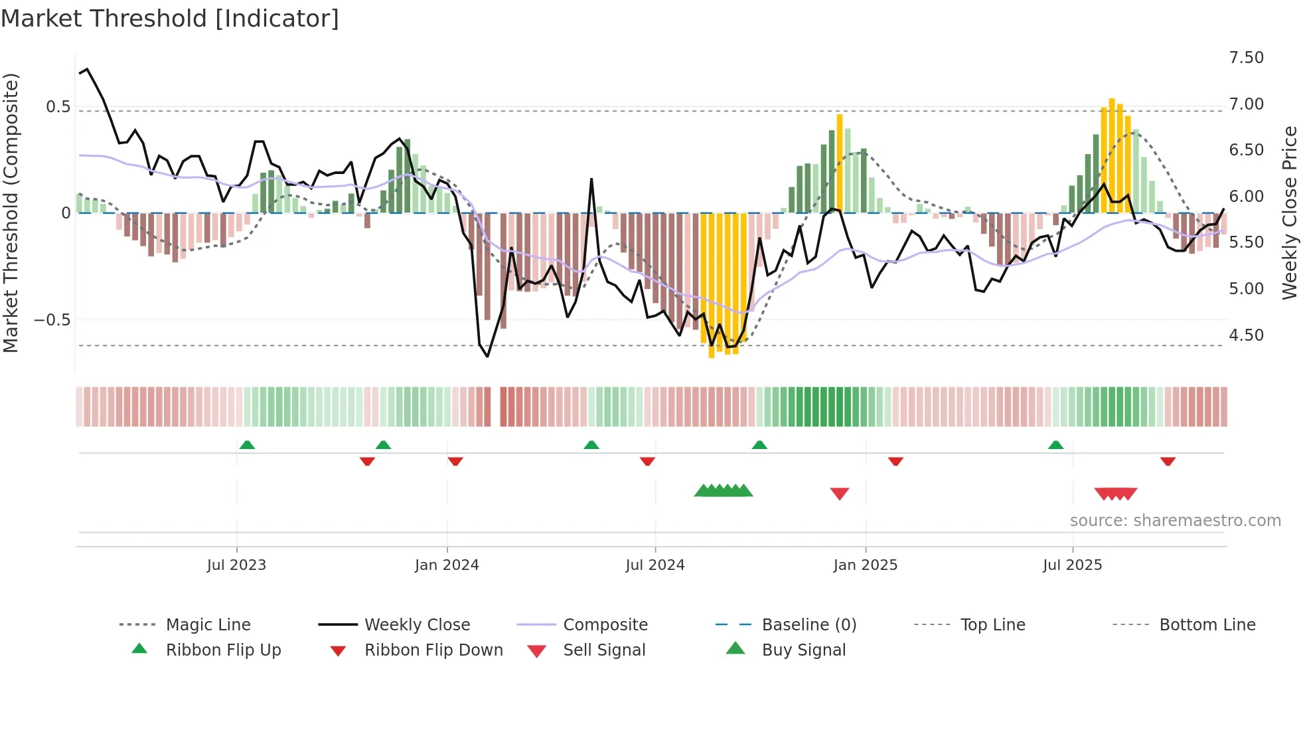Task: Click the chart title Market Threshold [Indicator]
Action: point(170,19)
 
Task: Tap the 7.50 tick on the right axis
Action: point(1246,58)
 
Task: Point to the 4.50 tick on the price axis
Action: point(1246,335)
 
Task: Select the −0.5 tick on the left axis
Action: point(52,320)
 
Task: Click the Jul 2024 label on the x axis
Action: point(654,565)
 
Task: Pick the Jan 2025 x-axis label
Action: point(865,565)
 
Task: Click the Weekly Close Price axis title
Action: point(1289,213)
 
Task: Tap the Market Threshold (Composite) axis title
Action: point(11,213)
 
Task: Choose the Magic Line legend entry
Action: point(208,625)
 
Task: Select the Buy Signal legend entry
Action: point(803,650)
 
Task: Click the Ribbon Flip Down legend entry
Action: point(433,650)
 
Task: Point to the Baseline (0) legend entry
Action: point(808,625)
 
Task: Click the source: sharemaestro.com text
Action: point(1175,521)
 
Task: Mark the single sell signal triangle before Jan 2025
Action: point(840,494)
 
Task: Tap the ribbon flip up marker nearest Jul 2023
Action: point(247,444)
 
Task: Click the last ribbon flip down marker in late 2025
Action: point(1168,461)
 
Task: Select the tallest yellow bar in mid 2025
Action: point(1112,153)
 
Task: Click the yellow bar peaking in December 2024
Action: point(840,163)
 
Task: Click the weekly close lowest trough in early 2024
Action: point(487,356)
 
